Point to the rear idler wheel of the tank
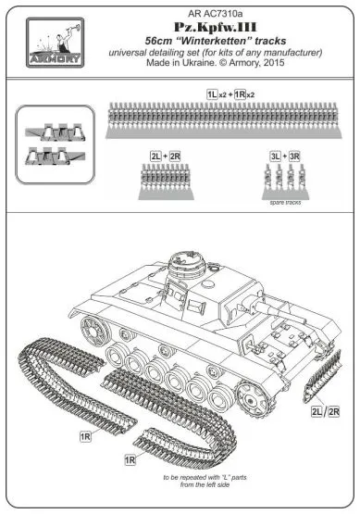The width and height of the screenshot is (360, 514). click(93, 329)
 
